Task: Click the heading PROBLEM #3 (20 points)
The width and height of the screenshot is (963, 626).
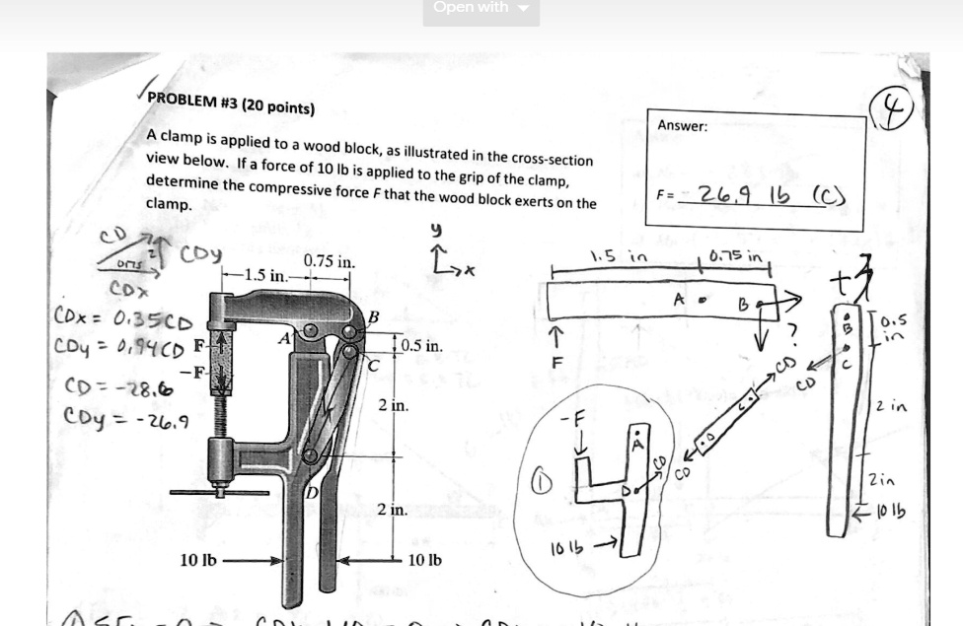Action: (x=230, y=104)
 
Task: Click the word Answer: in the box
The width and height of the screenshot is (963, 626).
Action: (x=682, y=125)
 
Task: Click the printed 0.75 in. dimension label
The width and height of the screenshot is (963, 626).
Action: (x=329, y=262)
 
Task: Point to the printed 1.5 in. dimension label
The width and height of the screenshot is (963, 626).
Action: (x=265, y=274)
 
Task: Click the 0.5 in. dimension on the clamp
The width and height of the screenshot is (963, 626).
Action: (x=421, y=346)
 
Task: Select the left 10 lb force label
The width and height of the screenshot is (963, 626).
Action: (x=198, y=561)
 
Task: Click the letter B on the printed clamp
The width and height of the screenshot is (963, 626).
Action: (x=373, y=315)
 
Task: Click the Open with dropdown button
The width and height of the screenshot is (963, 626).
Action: (x=481, y=9)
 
